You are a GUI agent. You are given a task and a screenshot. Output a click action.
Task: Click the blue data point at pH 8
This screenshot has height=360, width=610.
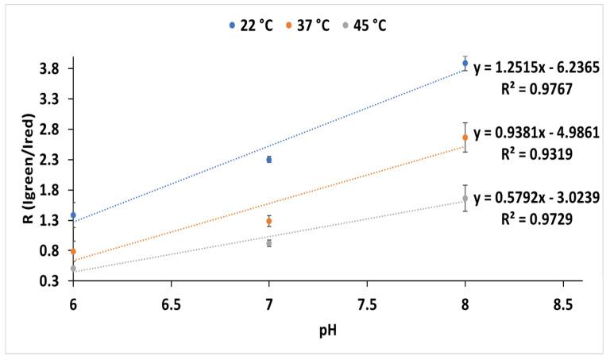[465, 64]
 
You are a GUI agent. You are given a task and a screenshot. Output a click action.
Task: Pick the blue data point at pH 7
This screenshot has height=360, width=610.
[269, 160]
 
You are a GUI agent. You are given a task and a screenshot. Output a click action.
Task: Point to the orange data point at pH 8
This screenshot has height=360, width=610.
[465, 137]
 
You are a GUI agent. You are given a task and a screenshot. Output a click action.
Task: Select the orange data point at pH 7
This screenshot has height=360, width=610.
[269, 221]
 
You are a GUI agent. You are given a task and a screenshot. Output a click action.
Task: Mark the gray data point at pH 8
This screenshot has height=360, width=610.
[465, 199]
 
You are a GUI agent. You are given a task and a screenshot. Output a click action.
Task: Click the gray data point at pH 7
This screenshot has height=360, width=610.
[269, 243]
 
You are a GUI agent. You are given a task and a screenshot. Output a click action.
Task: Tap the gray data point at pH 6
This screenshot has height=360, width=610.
[73, 269]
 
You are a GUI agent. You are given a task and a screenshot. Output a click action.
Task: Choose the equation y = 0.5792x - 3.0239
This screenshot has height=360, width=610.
[536, 197]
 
